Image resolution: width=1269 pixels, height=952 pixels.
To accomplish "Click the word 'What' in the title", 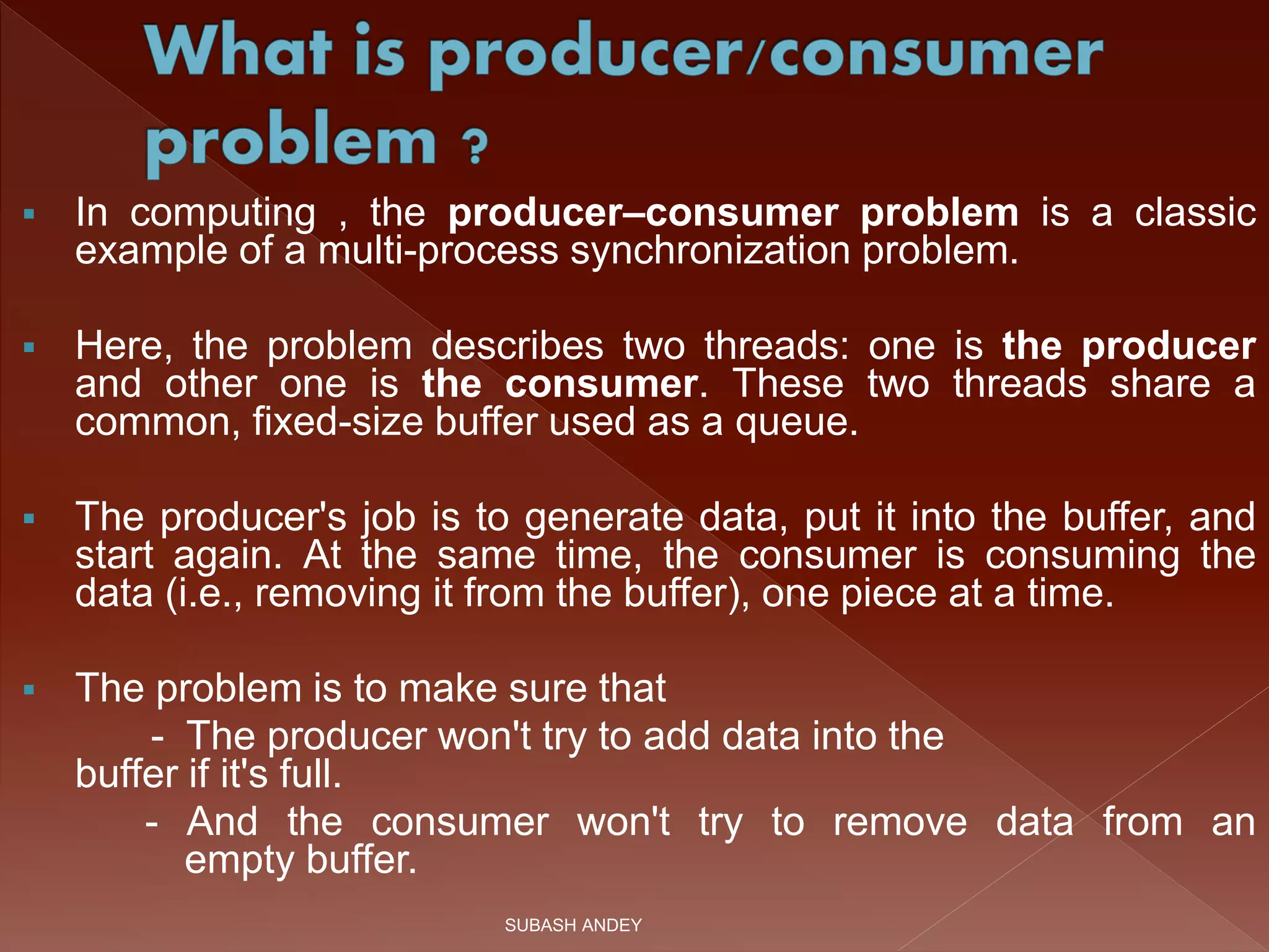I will click(x=238, y=52).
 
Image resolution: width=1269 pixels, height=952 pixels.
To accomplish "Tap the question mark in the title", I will click(x=475, y=147).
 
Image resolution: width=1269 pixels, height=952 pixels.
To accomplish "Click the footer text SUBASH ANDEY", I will click(x=573, y=925).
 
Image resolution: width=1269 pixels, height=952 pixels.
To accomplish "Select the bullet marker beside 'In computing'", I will click(x=29, y=215).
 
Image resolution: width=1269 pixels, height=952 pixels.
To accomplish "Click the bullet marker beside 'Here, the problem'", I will click(x=29, y=348).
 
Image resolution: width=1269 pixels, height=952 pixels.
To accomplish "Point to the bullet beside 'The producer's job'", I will click(x=29, y=519).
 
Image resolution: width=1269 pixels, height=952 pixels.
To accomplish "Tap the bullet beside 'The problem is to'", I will click(x=29, y=690).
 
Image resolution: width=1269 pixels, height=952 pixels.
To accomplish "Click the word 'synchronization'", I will click(x=710, y=252).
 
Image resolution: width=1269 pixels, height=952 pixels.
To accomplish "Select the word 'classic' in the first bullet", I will click(x=1195, y=213).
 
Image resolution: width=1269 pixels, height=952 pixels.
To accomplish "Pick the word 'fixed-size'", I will click(x=338, y=423).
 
